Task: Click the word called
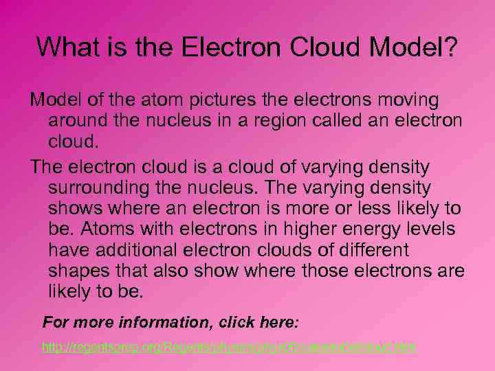(x=327, y=120)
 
